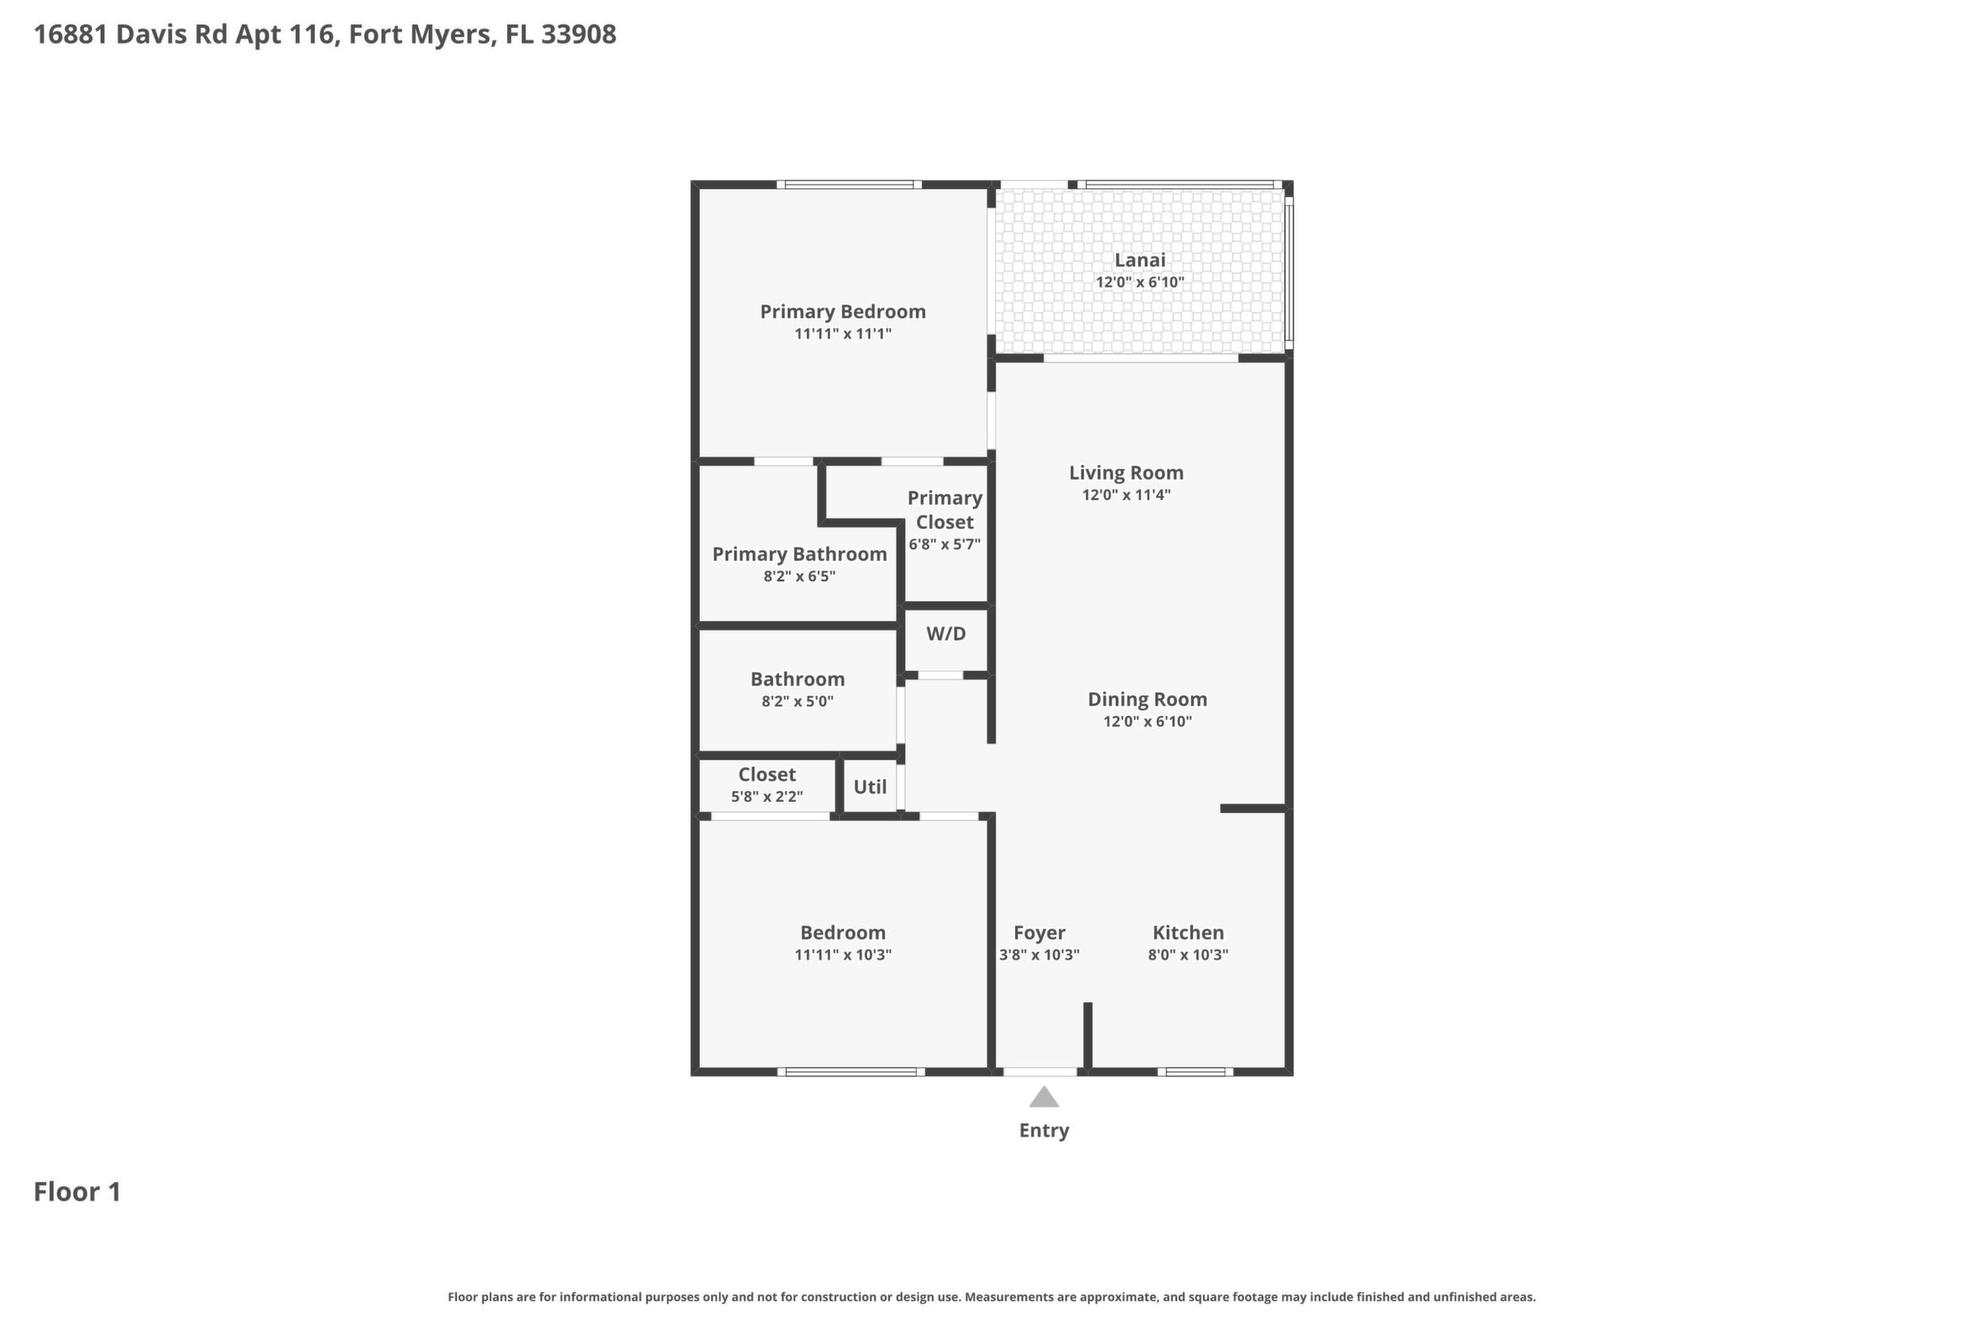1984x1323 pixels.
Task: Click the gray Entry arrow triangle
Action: tap(1044, 1097)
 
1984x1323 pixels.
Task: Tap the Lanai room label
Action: tap(1140, 260)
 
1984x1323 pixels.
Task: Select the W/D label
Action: tap(946, 634)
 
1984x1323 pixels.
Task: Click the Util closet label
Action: tap(870, 786)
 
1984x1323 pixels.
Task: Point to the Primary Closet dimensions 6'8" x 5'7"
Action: tap(945, 544)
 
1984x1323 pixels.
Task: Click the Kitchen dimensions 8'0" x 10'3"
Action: tap(1188, 954)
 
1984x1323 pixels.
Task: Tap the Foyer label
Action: tap(1039, 933)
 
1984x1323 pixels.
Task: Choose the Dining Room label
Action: tap(1147, 699)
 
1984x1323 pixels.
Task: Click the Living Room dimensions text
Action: tap(1126, 495)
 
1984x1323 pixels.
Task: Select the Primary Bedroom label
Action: tap(843, 312)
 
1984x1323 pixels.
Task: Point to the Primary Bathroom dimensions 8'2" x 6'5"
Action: tap(800, 576)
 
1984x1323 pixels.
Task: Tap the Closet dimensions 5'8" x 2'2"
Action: tap(767, 797)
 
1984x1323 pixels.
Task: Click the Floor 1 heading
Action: tap(77, 1191)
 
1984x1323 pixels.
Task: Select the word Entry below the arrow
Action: tap(1044, 1131)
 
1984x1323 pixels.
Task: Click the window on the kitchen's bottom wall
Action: tap(1195, 1072)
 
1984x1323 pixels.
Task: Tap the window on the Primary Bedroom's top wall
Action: tap(849, 184)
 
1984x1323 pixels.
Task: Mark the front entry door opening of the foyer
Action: tap(1040, 1072)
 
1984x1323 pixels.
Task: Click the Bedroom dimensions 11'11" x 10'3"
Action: tap(843, 954)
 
